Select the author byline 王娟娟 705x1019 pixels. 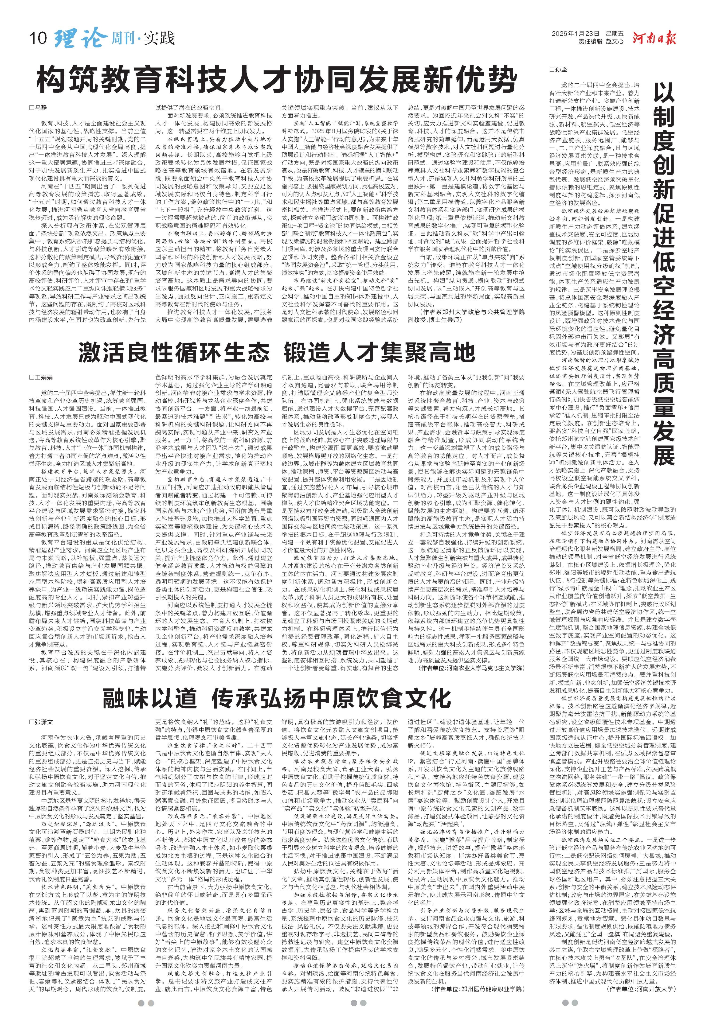tap(42, 377)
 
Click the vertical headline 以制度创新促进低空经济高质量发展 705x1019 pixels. tap(663, 274)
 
